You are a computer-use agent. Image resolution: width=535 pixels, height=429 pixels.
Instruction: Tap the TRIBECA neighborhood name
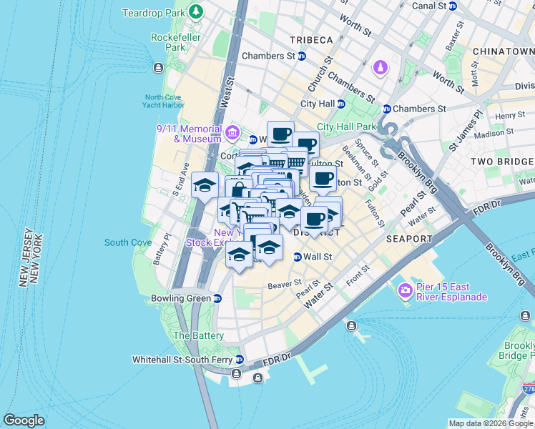point(310,39)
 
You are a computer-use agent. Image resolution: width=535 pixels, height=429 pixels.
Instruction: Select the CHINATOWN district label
point(504,52)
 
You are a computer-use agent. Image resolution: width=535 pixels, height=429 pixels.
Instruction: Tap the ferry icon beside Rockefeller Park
point(158,68)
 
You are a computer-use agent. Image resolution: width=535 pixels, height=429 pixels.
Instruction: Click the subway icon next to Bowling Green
point(218,298)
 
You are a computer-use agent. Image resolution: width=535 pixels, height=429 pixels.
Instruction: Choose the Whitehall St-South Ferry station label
point(182,360)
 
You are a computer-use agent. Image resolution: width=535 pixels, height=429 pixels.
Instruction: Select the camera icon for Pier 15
point(406,290)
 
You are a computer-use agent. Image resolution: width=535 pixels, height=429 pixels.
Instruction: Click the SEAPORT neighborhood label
point(408,238)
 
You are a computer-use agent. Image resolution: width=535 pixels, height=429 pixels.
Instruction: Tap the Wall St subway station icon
point(298,257)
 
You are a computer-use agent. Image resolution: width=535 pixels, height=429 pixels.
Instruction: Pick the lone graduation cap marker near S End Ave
point(205,185)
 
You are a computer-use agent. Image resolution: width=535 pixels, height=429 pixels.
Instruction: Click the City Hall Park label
point(346,127)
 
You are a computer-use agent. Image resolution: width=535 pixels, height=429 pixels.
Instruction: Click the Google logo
point(24,420)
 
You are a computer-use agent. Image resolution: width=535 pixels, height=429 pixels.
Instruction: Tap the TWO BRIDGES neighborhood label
point(502,162)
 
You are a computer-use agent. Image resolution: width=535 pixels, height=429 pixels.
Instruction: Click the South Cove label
point(127,242)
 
